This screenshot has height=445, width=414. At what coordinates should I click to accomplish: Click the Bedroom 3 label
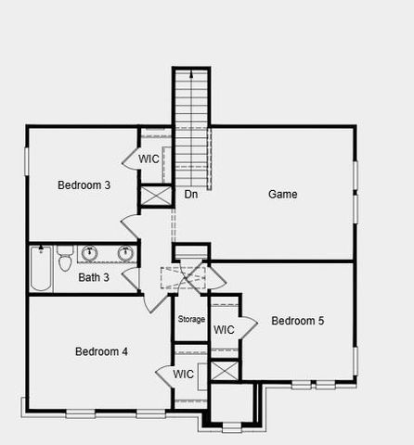click(x=84, y=185)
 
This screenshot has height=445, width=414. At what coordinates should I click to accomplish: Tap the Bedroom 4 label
click(x=101, y=351)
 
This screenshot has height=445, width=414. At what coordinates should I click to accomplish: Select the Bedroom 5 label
click(x=297, y=321)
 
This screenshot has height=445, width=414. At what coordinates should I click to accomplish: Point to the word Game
click(x=282, y=195)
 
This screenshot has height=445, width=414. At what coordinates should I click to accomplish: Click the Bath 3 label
click(x=94, y=277)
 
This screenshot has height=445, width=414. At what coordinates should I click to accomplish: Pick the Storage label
click(x=191, y=320)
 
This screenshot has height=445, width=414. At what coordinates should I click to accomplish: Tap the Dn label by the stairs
click(x=191, y=195)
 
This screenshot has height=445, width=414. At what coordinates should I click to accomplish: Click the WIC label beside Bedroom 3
click(x=149, y=159)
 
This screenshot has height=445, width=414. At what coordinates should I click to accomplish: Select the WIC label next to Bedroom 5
click(x=224, y=330)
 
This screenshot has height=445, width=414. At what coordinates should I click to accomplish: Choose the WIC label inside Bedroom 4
click(x=184, y=375)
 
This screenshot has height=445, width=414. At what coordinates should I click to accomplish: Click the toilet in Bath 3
click(x=65, y=258)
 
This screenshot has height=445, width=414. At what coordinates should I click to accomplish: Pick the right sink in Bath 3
click(x=124, y=253)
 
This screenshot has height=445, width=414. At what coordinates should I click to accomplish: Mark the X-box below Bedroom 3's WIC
click(x=155, y=197)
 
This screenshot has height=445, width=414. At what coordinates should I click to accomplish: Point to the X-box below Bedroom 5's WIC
click(x=225, y=370)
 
